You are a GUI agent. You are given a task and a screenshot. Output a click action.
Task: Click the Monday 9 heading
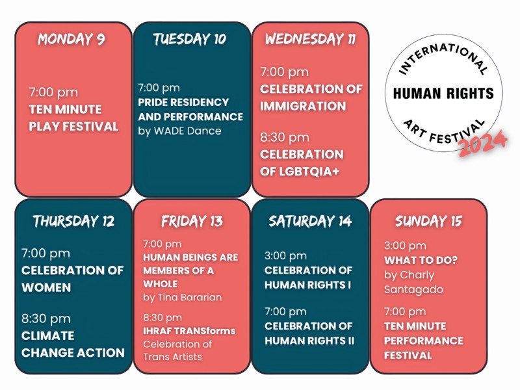point(71,39)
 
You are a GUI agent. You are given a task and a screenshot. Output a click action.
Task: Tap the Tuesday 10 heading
point(189,39)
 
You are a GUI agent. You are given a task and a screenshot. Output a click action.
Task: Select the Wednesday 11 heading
point(310,39)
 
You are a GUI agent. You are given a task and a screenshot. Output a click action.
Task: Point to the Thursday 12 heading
point(73,221)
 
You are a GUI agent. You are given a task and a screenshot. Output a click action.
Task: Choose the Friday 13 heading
point(192,221)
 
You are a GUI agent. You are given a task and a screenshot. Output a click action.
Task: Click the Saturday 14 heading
point(310,221)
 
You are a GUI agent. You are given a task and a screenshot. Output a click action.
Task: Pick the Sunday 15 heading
point(428,221)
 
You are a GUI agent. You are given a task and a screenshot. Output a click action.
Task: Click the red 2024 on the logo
point(483,143)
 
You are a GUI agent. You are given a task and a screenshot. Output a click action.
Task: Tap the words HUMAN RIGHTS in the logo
point(443,94)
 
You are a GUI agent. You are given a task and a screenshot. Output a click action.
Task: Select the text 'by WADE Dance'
point(179,131)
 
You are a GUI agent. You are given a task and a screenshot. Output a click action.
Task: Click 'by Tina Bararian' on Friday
point(183,297)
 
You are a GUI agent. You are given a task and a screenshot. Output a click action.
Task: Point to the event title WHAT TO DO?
point(421,260)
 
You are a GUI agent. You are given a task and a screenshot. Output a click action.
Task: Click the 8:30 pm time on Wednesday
point(285,137)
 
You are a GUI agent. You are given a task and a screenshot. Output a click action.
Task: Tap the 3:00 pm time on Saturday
point(285,255)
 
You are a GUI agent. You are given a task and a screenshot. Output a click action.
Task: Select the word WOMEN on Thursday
point(46,287)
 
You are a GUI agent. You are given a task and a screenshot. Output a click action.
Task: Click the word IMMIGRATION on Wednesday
point(303,106)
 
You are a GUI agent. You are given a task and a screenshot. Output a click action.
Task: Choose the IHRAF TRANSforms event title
point(189,331)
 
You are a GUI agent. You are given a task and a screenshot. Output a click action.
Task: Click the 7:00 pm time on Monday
point(53,92)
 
